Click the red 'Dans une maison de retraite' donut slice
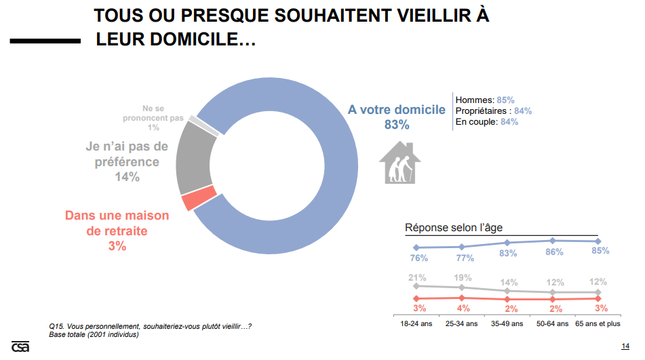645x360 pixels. [x=199, y=199]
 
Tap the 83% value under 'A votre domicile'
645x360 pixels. [x=397, y=125]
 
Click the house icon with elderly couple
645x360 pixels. [x=399, y=163]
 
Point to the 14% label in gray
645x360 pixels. [x=127, y=177]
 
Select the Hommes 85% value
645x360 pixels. [x=505, y=100]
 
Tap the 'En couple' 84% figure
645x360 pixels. [x=509, y=122]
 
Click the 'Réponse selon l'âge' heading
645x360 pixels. [x=454, y=228]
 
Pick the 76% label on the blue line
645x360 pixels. [x=418, y=258]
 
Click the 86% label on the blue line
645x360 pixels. [x=554, y=252]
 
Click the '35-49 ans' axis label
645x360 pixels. [x=507, y=324]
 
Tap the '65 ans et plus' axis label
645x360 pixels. [x=598, y=324]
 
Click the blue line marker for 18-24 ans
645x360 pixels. [x=416, y=247]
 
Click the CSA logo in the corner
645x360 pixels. [x=20, y=346]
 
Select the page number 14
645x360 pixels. [x=625, y=346]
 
